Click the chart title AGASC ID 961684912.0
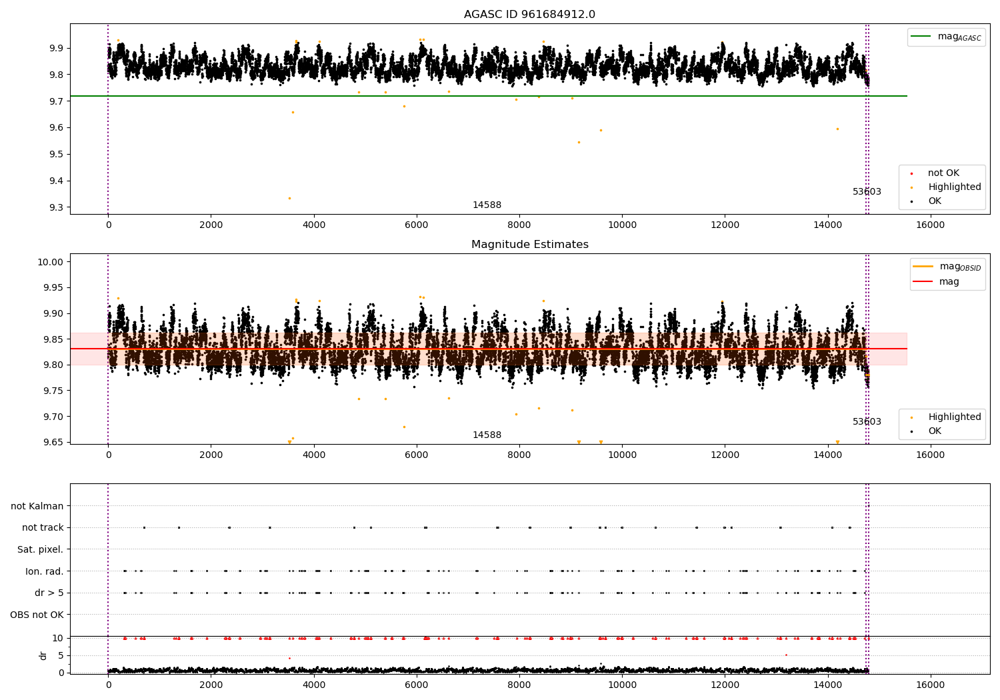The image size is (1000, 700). pyautogui.click(x=529, y=15)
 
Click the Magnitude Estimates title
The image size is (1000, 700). pyautogui.click(x=529, y=245)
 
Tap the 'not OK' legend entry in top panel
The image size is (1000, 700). pyautogui.click(x=943, y=173)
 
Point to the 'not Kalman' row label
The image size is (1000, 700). pyautogui.click(x=37, y=506)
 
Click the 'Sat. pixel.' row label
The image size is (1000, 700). pyautogui.click(x=40, y=549)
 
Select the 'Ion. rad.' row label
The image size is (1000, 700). pyautogui.click(x=44, y=571)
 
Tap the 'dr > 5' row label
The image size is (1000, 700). pyautogui.click(x=49, y=593)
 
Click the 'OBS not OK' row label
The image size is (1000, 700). pyautogui.click(x=37, y=615)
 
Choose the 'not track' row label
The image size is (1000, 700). pyautogui.click(x=43, y=527)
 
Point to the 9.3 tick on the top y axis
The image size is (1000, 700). pyautogui.click(x=55, y=207)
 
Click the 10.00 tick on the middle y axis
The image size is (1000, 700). pyautogui.click(x=51, y=262)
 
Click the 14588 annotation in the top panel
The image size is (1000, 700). pyautogui.click(x=487, y=205)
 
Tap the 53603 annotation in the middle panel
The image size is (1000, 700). pyautogui.click(x=867, y=422)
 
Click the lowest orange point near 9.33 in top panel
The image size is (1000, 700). pyautogui.click(x=289, y=198)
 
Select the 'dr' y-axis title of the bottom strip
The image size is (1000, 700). pyautogui.click(x=43, y=655)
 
